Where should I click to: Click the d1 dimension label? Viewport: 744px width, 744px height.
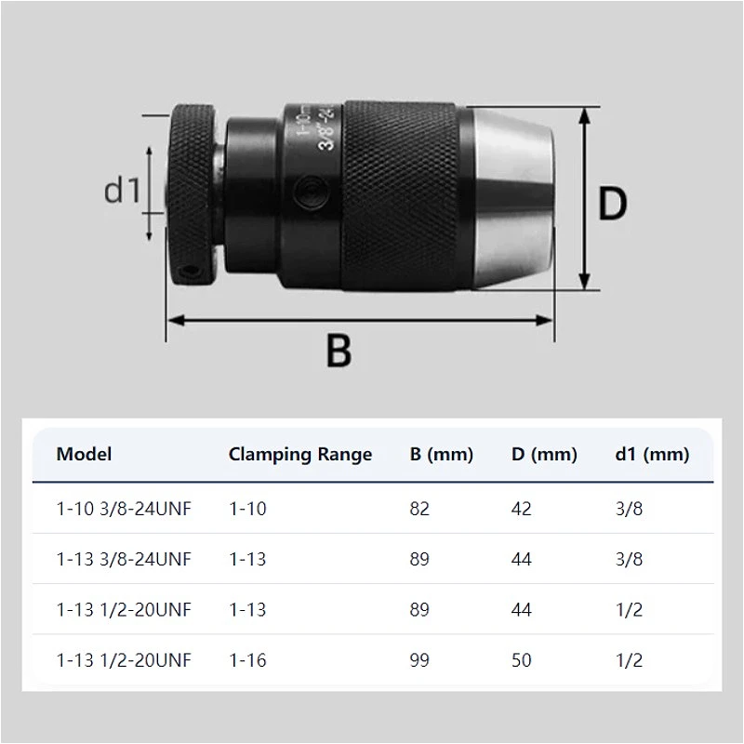[x=123, y=190]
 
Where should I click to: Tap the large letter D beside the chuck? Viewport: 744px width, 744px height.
[x=612, y=203]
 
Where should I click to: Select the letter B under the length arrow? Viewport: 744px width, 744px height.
[x=339, y=351]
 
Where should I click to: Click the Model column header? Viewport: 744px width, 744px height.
[x=84, y=454]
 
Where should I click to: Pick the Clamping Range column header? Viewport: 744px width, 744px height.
[x=300, y=455]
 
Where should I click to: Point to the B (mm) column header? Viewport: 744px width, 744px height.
[x=441, y=455]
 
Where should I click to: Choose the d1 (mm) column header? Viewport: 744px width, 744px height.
[x=652, y=455]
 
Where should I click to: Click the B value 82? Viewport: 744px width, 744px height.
[x=419, y=509]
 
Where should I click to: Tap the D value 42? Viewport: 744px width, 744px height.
[x=521, y=509]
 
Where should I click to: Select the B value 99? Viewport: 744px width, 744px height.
[x=419, y=660]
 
